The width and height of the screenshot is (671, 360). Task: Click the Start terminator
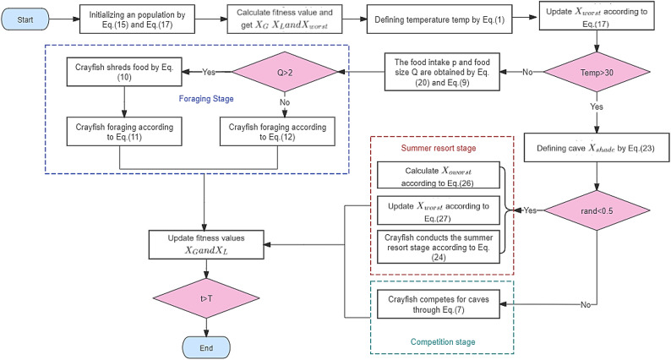pyautogui.click(x=25, y=19)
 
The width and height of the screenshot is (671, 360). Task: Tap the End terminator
pyautogui.click(x=206, y=347)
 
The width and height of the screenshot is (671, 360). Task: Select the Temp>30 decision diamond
pyautogui.click(x=597, y=73)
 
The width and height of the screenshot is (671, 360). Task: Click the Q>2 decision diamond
pyautogui.click(x=285, y=73)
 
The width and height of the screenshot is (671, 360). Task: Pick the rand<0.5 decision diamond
pyautogui.click(x=597, y=210)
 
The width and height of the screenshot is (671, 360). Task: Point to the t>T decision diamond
pyautogui.click(x=206, y=298)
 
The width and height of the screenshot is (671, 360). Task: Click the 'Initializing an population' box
pyautogui.click(x=138, y=19)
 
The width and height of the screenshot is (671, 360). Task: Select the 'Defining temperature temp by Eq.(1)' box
pyautogui.click(x=439, y=19)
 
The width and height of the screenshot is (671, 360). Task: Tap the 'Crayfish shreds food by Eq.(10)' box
pyautogui.click(x=124, y=72)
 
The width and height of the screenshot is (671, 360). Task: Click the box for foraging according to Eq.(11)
pyautogui.click(x=124, y=132)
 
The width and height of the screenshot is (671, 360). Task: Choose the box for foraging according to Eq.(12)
pyautogui.click(x=277, y=132)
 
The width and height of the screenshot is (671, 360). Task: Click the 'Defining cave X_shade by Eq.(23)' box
pyautogui.click(x=597, y=148)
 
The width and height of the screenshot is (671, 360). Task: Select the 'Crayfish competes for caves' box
pyautogui.click(x=439, y=304)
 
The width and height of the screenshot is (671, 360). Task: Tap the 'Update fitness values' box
pyautogui.click(x=206, y=244)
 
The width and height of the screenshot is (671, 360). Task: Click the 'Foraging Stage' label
pyautogui.click(x=206, y=99)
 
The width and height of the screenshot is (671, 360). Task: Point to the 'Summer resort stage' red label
pyautogui.click(x=439, y=148)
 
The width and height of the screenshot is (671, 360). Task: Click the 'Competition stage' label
pyautogui.click(x=443, y=341)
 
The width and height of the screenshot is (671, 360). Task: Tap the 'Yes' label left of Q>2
pyautogui.click(x=209, y=72)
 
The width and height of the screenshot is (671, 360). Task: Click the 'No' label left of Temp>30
pyautogui.click(x=527, y=72)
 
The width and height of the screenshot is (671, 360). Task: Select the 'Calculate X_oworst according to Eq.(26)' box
pyautogui.click(x=439, y=175)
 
